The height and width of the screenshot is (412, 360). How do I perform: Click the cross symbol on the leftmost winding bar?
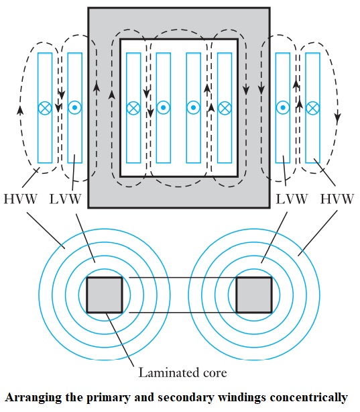click(x=45, y=107)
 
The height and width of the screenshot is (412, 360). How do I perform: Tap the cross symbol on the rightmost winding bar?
click(x=312, y=107)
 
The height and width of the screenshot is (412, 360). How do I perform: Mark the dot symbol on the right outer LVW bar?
click(x=283, y=107)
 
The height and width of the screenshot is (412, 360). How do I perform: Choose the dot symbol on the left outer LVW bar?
click(x=75, y=107)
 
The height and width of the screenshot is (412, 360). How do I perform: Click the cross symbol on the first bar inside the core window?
click(x=133, y=107)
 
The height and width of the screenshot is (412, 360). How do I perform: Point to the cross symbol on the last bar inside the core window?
click(x=225, y=107)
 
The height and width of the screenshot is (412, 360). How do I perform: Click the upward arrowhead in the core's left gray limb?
click(x=97, y=87)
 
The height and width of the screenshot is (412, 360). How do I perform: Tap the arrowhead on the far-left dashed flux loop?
click(x=20, y=109)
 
